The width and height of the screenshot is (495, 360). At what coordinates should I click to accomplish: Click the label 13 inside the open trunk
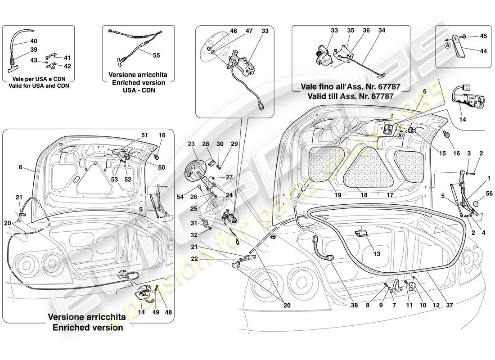(x=377, y=254)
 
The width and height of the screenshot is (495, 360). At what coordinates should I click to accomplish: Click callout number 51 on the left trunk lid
(x=144, y=135)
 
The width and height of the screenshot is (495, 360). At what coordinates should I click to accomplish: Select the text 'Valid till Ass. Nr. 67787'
(x=351, y=96)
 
